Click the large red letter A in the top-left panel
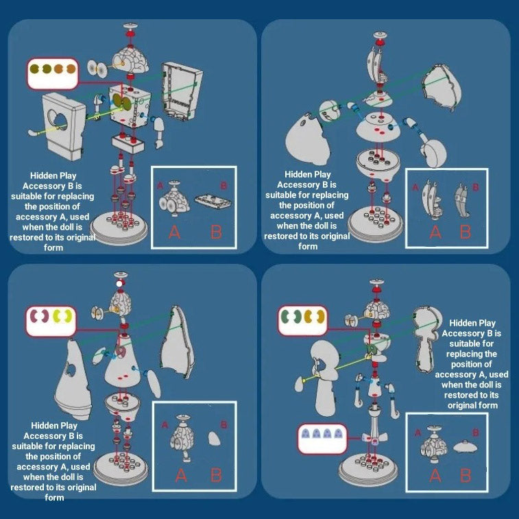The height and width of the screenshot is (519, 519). click(x=174, y=232)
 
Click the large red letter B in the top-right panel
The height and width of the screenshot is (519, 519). click(x=466, y=232)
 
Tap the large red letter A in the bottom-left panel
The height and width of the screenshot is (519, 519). click(x=181, y=475)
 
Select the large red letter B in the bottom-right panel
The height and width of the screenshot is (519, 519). click(x=466, y=475)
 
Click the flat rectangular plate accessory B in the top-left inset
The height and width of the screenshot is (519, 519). click(x=213, y=202)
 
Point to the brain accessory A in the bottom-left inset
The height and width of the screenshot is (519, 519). click(x=181, y=437)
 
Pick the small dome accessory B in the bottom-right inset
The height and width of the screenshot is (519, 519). click(x=465, y=447)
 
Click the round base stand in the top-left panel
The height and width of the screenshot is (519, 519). click(x=120, y=227)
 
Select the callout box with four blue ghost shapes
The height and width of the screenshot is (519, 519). click(x=322, y=439)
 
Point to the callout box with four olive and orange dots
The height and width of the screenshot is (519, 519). click(x=53, y=73)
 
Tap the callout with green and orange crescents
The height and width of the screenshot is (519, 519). click(x=302, y=320)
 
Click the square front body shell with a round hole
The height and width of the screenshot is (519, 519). click(x=64, y=126)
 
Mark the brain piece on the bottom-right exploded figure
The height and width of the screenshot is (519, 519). click(x=377, y=310)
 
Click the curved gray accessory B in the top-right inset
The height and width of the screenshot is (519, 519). click(x=461, y=201)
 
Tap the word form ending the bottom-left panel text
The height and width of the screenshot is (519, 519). click(x=54, y=498)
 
